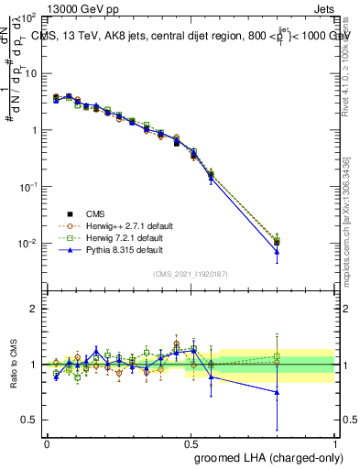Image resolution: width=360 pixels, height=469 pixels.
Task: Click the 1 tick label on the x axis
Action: click(335, 443)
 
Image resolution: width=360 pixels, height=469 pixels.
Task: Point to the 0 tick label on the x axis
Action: click(46, 443)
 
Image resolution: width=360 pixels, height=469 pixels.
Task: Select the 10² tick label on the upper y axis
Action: click(28, 17)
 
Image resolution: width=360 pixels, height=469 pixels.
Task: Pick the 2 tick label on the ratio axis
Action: click(35, 309)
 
